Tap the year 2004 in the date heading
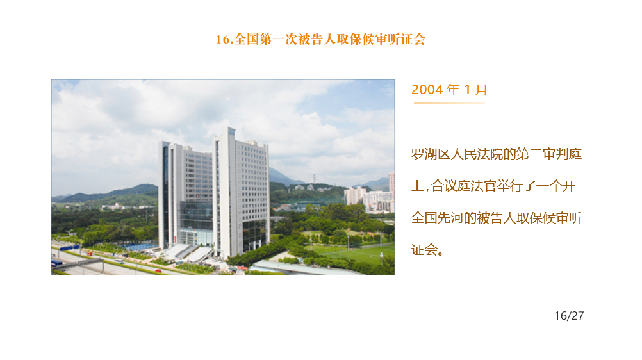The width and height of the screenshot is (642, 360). pos(427,90)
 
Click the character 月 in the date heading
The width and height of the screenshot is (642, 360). pos(481,90)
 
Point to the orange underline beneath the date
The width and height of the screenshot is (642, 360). pos(449,102)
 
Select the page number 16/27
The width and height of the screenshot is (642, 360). pos(569,316)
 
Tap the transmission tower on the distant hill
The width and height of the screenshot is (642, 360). pos(314,179)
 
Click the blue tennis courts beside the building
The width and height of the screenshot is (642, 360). pos(141,247)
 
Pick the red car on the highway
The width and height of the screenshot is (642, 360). pos(158,271)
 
